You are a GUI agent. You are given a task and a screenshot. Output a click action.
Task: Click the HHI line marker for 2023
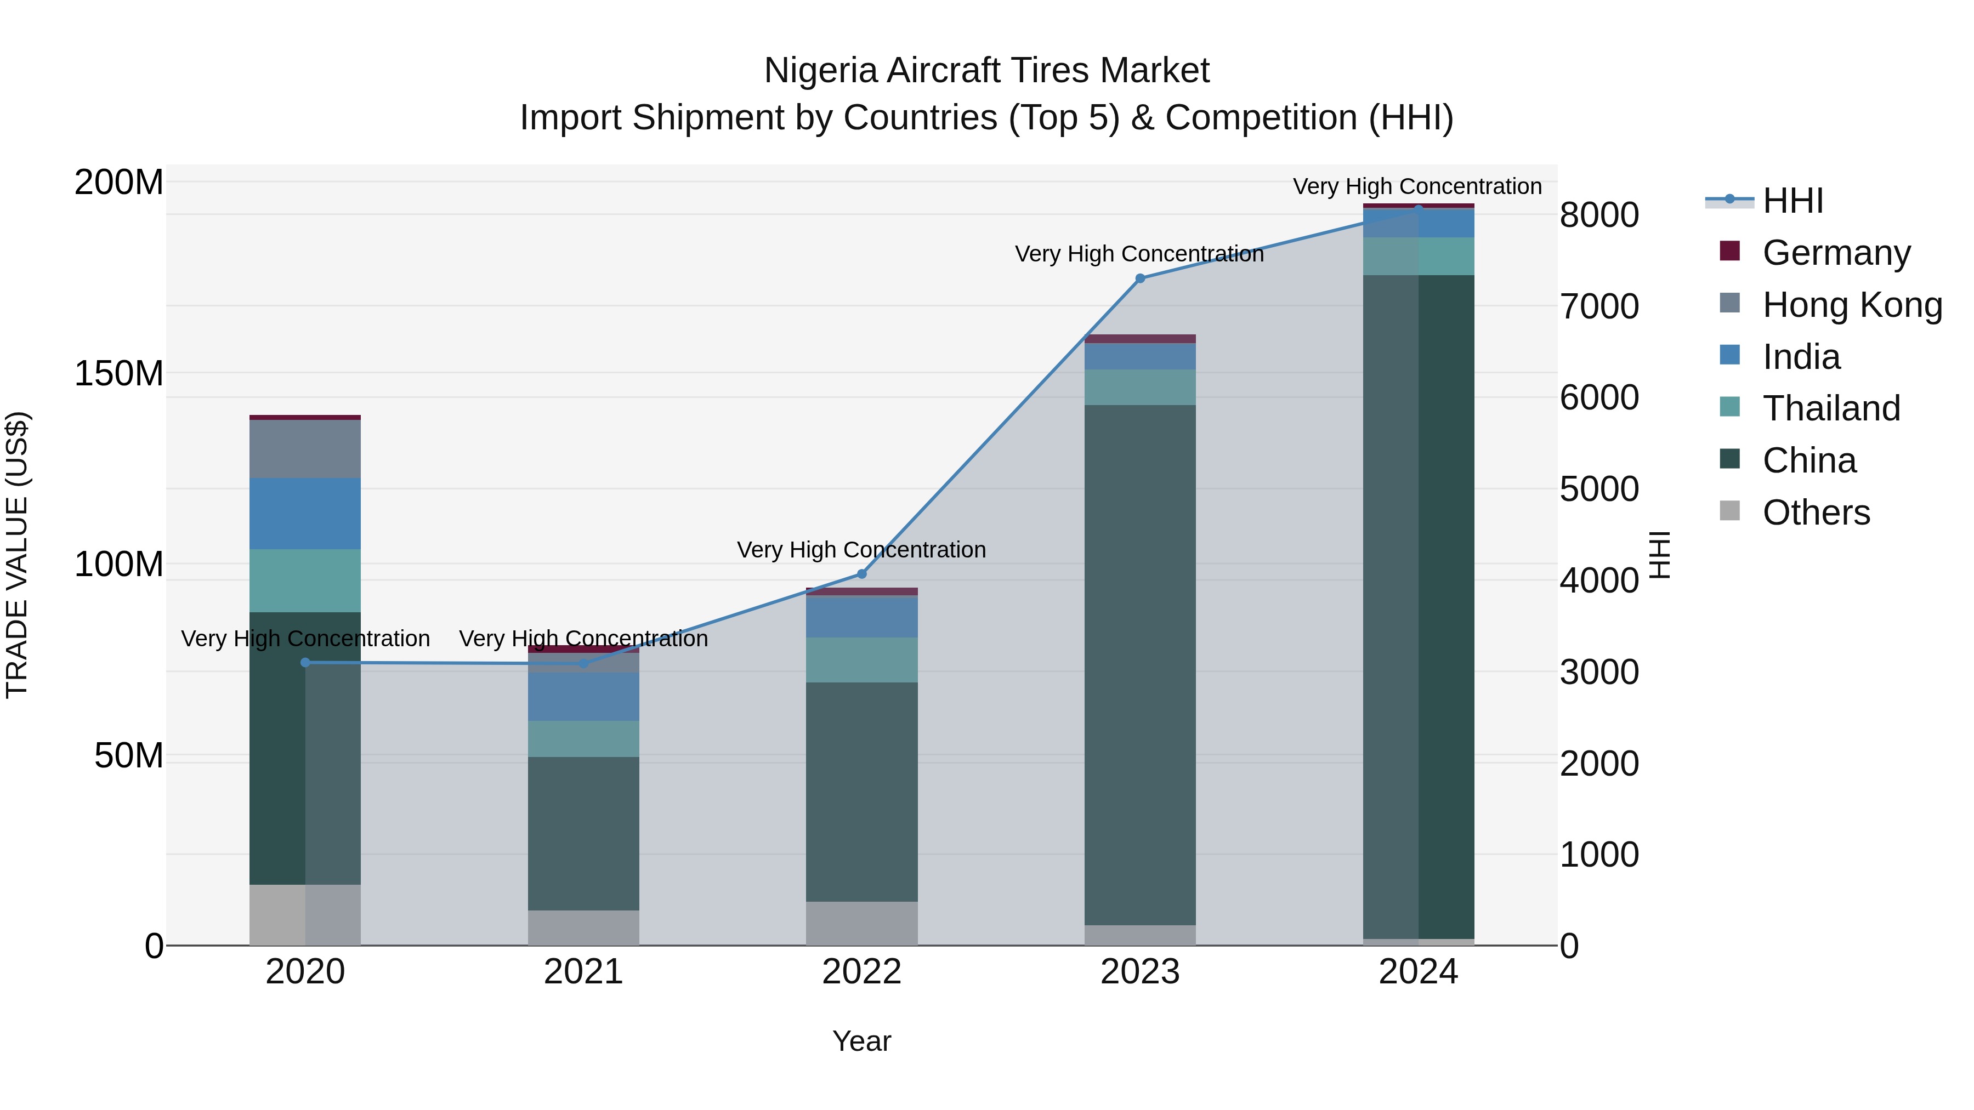pos(1139,278)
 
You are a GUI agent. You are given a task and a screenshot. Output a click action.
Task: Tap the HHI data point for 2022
pos(861,574)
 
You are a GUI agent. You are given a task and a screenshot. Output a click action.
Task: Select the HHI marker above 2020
pos(305,663)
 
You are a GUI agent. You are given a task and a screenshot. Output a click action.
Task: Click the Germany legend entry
pos(1836,252)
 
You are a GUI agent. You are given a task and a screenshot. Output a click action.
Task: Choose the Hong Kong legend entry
pos(1851,304)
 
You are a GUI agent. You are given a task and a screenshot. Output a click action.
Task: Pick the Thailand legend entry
pos(1831,408)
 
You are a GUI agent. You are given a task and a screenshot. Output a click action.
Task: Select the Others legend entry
pos(1816,512)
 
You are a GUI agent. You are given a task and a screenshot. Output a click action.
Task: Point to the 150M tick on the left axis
pos(119,373)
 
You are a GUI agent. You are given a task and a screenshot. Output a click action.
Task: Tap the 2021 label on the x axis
pos(583,972)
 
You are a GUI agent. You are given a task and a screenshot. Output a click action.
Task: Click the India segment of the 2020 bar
pos(305,513)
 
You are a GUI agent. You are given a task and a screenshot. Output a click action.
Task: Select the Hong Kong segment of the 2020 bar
pos(305,449)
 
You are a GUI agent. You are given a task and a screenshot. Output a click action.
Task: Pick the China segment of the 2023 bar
pos(1139,664)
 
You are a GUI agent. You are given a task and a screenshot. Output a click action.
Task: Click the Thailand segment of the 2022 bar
pos(861,659)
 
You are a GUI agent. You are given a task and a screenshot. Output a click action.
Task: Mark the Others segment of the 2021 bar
pos(583,927)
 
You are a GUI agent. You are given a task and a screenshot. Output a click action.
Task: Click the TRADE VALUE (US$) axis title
pos(17,555)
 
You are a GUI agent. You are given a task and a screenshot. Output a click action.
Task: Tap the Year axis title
pos(861,1041)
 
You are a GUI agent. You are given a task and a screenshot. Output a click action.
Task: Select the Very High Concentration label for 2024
pos(1417,186)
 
